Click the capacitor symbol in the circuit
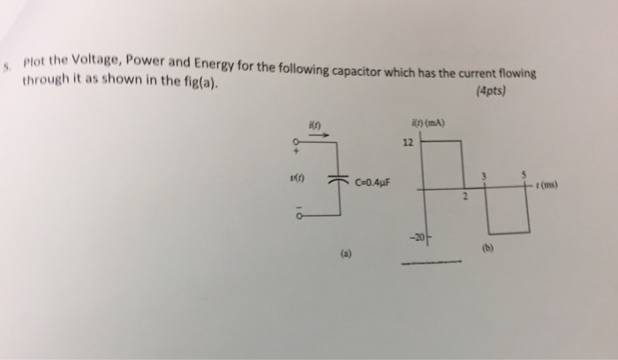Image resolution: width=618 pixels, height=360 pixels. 338,182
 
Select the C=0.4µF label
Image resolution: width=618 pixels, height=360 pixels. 373,184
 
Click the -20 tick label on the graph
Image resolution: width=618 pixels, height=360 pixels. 411,236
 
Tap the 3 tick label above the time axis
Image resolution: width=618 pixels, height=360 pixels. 483,176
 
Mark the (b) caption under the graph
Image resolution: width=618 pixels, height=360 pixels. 485,249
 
